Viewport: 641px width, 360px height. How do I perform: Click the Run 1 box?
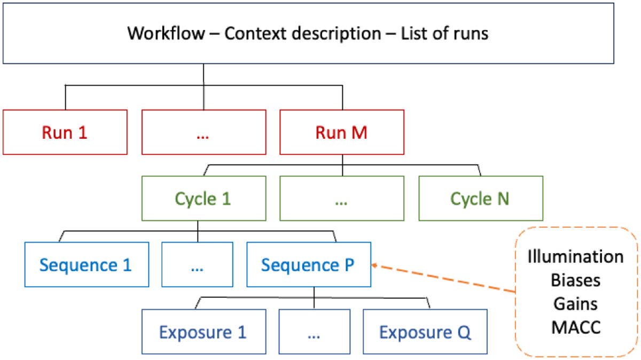point(65,132)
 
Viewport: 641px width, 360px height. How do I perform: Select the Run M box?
point(342,132)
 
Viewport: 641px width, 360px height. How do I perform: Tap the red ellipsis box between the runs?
point(204,132)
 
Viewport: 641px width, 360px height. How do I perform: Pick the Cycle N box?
point(480,199)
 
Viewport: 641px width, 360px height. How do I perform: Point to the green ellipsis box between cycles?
point(342,199)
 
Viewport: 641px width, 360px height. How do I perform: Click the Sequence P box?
point(308,264)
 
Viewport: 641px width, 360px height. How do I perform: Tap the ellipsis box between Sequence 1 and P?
point(198,264)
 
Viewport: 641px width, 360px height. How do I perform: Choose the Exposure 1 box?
point(203,332)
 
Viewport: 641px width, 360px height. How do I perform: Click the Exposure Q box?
point(425,332)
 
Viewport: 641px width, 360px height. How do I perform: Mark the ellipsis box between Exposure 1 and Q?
point(314,332)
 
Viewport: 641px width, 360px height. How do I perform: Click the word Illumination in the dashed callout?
point(575,256)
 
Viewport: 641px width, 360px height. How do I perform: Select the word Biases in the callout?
point(575,280)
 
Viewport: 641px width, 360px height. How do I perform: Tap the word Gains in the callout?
point(575,303)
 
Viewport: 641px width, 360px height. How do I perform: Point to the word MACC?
point(575,327)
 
